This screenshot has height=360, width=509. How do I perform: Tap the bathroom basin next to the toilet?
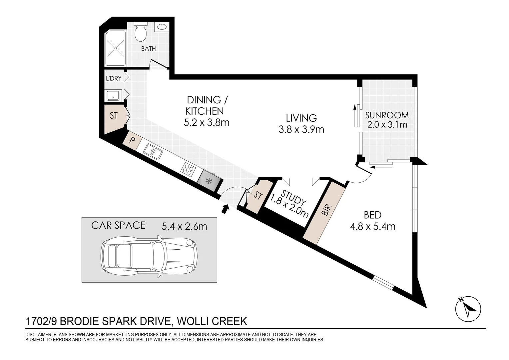pos(162,27)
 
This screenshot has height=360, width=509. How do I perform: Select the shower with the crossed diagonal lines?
pos(116,48)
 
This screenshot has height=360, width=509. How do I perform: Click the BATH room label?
pos(148,48)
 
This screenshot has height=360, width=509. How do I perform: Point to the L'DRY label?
pos(114,78)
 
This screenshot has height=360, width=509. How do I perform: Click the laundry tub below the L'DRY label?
pos(113,96)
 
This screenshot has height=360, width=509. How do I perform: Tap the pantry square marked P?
pos(132,140)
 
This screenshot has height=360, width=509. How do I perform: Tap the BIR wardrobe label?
pos(326,210)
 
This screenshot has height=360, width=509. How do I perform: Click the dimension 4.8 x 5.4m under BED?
pos(373,227)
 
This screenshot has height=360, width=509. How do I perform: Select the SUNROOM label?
pos(387,116)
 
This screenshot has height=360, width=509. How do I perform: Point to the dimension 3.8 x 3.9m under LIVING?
pos(301,130)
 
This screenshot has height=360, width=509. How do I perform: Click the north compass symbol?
pos(468,309)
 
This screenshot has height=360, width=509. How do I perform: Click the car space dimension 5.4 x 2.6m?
pos(184,227)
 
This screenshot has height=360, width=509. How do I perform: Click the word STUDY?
pos(293,197)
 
